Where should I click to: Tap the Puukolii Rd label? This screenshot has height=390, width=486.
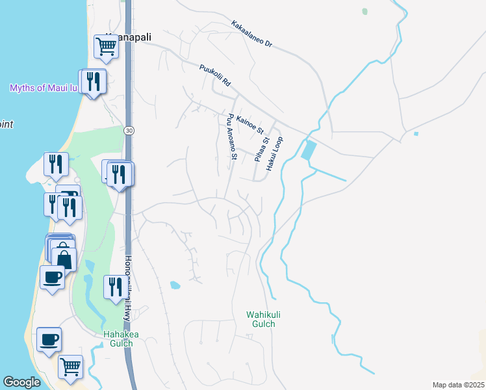point(215,75)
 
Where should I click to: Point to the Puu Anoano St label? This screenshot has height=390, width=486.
point(232,136)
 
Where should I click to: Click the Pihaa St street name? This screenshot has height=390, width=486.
point(261,149)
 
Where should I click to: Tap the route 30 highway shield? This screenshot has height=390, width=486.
point(129,130)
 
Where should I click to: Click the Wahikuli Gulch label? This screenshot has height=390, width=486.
point(261,319)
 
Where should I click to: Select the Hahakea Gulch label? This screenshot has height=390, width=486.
point(122,339)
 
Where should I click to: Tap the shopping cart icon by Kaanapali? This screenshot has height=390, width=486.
point(105,45)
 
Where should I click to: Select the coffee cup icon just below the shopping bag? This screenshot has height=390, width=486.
point(52,278)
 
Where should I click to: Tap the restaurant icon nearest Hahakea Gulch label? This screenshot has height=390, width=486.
point(116,286)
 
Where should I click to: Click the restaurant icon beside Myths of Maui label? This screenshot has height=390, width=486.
point(95,81)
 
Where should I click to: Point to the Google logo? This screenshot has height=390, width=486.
point(21,382)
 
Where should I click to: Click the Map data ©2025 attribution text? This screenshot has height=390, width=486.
point(458,385)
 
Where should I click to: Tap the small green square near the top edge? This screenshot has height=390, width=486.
point(364,11)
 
